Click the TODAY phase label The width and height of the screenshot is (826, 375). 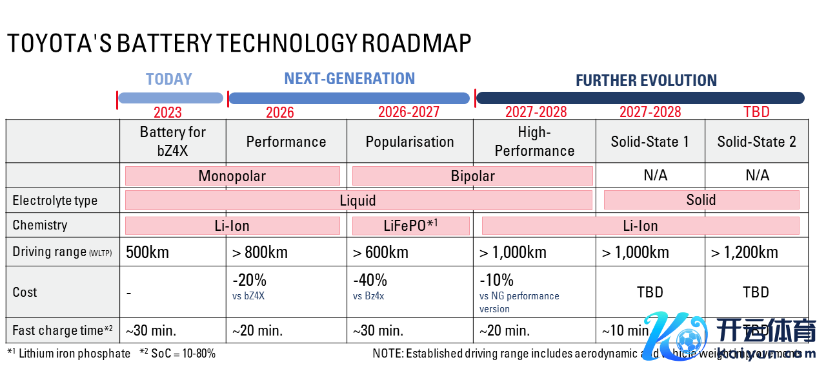(169, 80)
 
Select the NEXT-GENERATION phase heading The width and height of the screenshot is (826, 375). (349, 79)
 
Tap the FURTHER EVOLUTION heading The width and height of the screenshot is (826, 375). (646, 81)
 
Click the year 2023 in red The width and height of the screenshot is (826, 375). (168, 112)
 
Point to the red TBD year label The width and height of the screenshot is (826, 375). (756, 112)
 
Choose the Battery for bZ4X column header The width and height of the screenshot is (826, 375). (173, 141)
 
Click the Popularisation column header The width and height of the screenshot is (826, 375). (410, 142)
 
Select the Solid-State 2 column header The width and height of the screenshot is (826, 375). (756, 142)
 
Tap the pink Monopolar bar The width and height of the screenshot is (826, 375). (232, 176)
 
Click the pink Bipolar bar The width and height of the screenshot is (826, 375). (472, 176)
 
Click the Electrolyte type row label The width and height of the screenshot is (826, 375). (55, 200)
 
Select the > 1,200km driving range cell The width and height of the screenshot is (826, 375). (745, 252)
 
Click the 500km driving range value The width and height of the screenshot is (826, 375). (147, 252)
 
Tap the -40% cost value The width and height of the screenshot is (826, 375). (370, 280)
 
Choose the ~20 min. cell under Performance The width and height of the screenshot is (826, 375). (257, 331)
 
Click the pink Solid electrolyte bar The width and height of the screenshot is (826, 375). (701, 200)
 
